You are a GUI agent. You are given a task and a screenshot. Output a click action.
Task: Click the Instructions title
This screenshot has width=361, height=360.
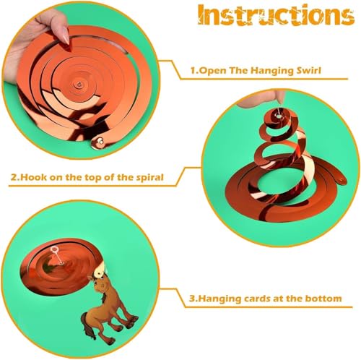276,14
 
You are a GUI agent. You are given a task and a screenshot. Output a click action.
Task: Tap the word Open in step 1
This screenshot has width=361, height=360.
213,71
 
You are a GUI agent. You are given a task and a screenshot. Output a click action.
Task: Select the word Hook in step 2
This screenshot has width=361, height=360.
33,177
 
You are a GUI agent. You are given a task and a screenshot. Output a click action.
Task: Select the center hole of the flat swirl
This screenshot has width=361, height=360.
79,85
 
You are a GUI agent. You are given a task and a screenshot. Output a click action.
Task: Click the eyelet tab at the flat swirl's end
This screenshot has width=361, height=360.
99,142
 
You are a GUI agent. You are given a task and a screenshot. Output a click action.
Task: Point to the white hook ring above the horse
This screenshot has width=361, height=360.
54,249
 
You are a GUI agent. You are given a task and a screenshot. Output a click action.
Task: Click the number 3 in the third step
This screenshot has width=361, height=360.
192,299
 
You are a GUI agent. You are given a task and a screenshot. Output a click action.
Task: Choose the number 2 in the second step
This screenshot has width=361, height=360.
13,178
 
